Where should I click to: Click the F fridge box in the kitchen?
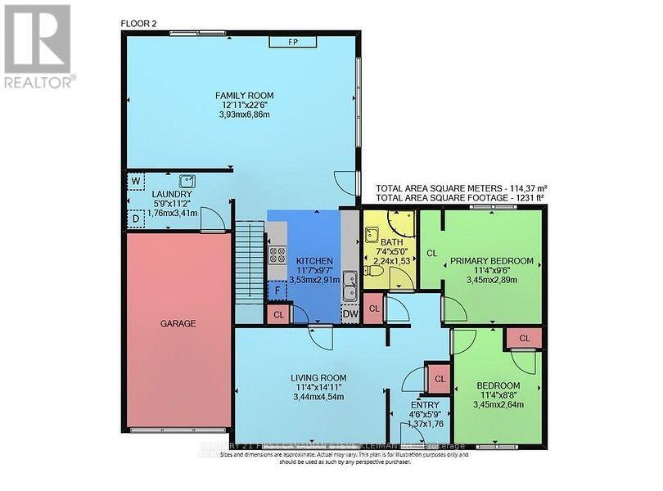[x=277, y=291]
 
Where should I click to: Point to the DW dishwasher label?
[x=350, y=313]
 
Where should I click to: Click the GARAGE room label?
[x=178, y=323]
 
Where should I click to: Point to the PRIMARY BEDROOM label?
[x=491, y=261]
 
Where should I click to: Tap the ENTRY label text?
[x=426, y=404]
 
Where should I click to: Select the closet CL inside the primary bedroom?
[x=431, y=254]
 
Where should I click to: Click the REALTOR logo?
[x=38, y=45]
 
